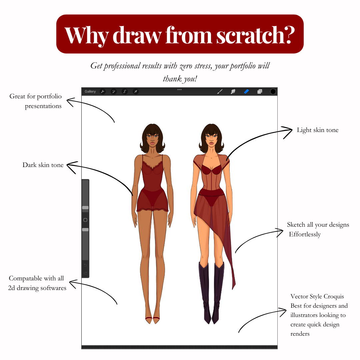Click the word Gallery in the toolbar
90,91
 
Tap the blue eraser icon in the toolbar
246,91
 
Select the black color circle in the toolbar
273,91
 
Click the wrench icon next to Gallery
103,91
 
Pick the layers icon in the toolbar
260,91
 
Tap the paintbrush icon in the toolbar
220,91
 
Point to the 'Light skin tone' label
318,130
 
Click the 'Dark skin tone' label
43,165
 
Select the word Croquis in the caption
334,296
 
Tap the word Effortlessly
305,234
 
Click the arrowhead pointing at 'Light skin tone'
288,132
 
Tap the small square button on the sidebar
85,220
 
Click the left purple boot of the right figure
205,293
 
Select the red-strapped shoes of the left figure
152,320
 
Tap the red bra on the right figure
211,170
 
